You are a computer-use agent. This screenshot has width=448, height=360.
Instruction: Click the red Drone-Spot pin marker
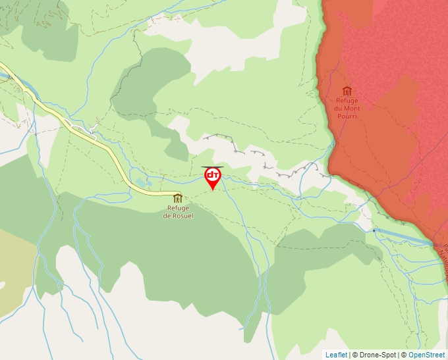tap(213, 176)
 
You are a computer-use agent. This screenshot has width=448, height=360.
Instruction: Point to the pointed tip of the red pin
tap(213, 190)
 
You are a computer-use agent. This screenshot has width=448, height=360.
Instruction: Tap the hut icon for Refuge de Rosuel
tap(177, 198)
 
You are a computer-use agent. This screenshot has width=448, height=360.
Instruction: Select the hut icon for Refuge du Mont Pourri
tap(347, 91)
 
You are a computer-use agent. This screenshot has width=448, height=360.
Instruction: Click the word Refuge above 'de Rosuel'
tap(178, 209)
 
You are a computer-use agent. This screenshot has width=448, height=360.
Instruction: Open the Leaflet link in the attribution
tap(336, 355)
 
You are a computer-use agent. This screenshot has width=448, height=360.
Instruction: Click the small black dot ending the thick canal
tap(374, 230)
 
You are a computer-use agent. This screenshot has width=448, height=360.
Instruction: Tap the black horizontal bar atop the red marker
tap(212, 167)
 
